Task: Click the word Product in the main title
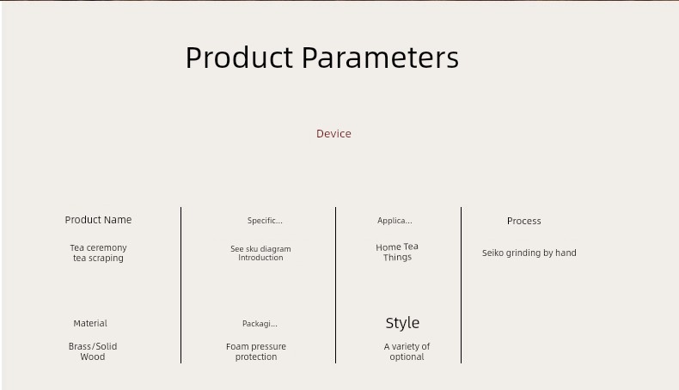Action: [x=240, y=58]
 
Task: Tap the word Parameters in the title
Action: [x=380, y=58]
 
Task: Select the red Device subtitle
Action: [x=333, y=134]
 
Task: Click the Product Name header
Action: [x=98, y=220]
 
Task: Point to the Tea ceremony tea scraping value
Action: [x=98, y=253]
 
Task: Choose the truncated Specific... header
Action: [x=265, y=221]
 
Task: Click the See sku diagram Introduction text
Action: [x=260, y=253]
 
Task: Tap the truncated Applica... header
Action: [x=395, y=221]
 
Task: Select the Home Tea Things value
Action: [x=397, y=252]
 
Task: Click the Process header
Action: [x=524, y=221]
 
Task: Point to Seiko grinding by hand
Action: [x=529, y=253]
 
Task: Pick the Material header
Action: [x=90, y=323]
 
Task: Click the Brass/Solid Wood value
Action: [x=93, y=351]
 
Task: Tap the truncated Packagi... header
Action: [x=260, y=324]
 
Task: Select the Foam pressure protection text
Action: [x=256, y=351]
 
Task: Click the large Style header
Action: [x=402, y=323]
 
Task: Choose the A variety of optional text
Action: [x=407, y=351]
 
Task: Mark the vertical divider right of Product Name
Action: [x=181, y=285]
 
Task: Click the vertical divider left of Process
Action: [x=462, y=285]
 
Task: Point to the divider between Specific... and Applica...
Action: [x=335, y=285]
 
